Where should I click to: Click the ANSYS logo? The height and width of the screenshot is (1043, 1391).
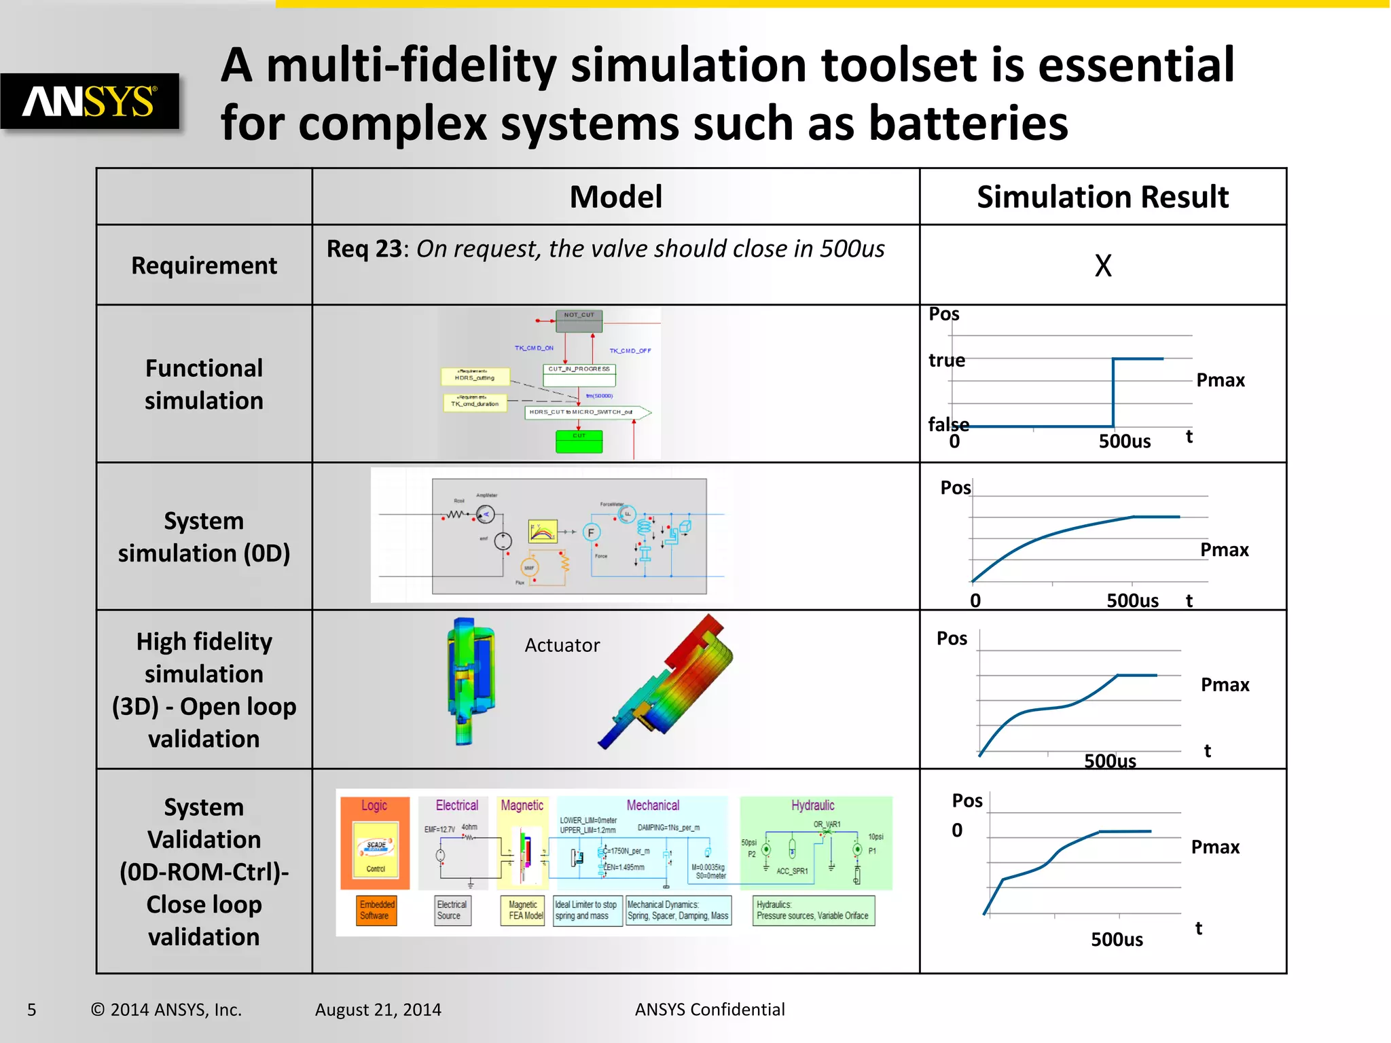click(90, 102)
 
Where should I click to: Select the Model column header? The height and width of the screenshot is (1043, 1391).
click(615, 197)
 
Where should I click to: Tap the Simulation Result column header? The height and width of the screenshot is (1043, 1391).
click(1102, 197)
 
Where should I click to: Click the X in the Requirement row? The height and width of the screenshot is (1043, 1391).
click(1103, 266)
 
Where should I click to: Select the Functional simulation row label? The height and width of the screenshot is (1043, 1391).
click(204, 384)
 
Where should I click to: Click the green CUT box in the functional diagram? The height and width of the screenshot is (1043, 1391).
click(579, 442)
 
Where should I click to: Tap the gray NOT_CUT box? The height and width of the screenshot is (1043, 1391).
click(579, 321)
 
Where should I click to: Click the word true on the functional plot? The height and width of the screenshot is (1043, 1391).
click(946, 361)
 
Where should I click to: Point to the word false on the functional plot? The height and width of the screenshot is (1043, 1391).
click(948, 424)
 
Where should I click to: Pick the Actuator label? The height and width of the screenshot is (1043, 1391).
click(562, 645)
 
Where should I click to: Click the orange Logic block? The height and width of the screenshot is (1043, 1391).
click(375, 843)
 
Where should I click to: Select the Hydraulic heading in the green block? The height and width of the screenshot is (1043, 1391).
click(812, 805)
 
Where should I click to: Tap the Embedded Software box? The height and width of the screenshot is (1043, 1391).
click(377, 910)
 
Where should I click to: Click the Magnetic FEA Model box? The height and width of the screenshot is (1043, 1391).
click(525, 910)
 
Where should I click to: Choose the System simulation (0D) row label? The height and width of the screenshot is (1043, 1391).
click(204, 537)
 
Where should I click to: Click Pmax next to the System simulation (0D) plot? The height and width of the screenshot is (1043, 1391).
click(1224, 550)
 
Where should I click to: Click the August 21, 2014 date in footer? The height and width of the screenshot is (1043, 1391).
click(378, 1010)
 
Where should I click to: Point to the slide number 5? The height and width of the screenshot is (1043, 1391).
click(31, 1010)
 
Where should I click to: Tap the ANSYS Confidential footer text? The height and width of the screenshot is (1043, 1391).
click(709, 1010)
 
